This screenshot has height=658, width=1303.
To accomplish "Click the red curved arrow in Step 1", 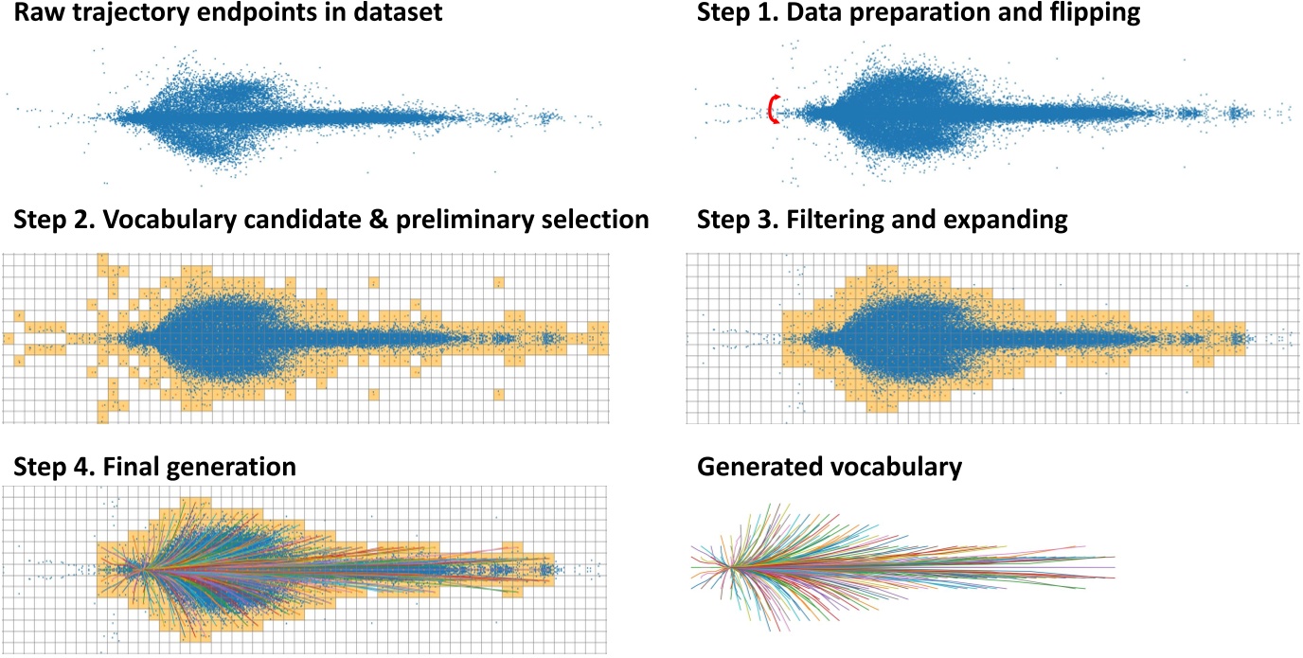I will pos(772,110).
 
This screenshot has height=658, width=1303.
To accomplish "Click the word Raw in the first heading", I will pos(32,14).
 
